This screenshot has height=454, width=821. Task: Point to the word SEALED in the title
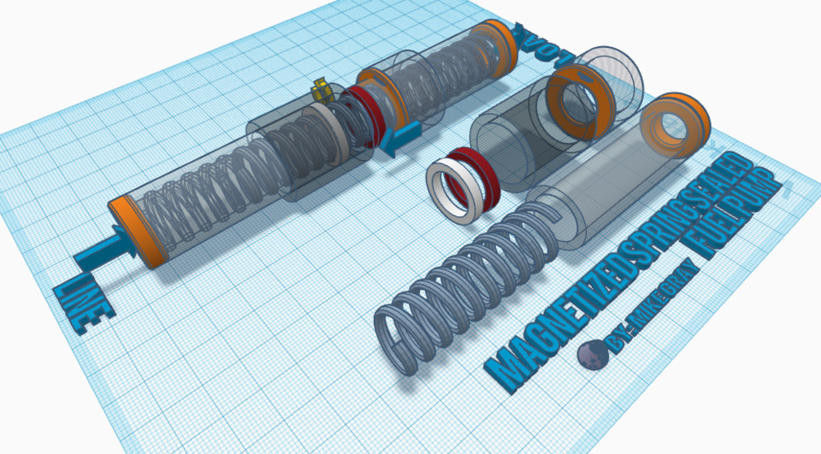723,180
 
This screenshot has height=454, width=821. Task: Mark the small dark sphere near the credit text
590,356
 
